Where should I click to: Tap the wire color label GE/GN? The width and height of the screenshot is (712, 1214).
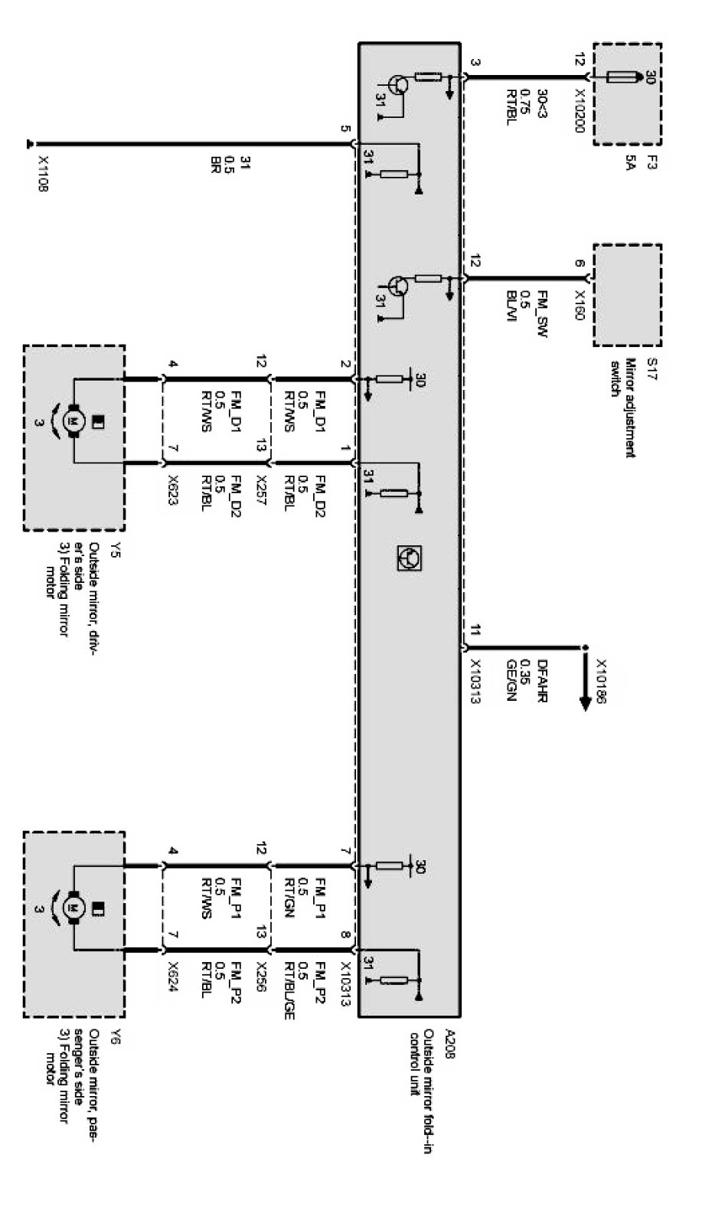[511, 679]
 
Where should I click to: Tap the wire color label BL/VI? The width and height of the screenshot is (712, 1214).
[511, 306]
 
